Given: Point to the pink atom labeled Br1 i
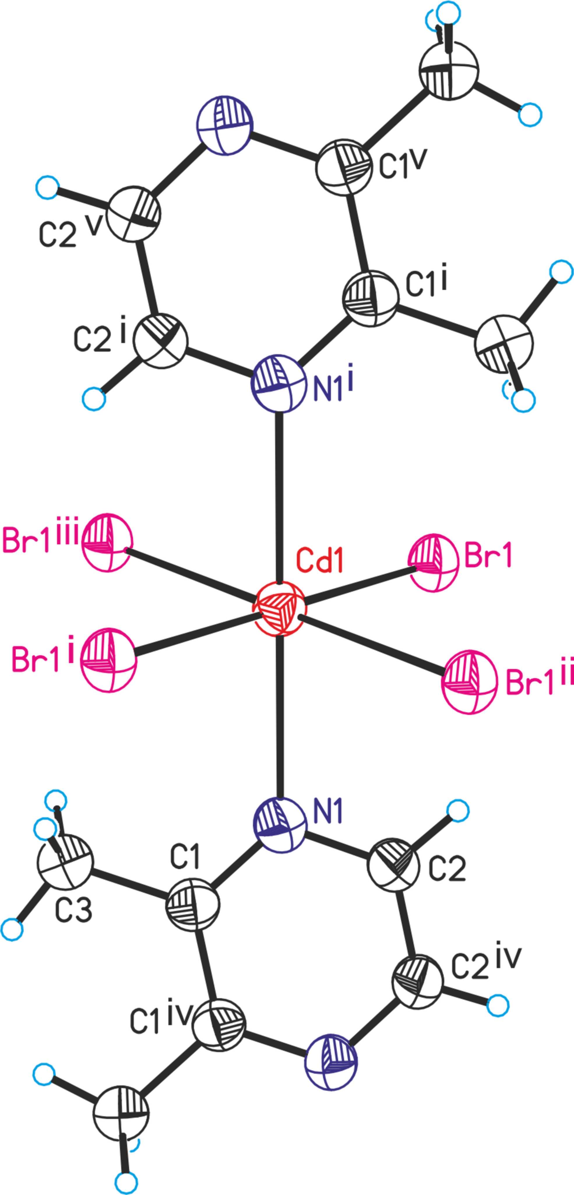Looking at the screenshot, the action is pos(108,660).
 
